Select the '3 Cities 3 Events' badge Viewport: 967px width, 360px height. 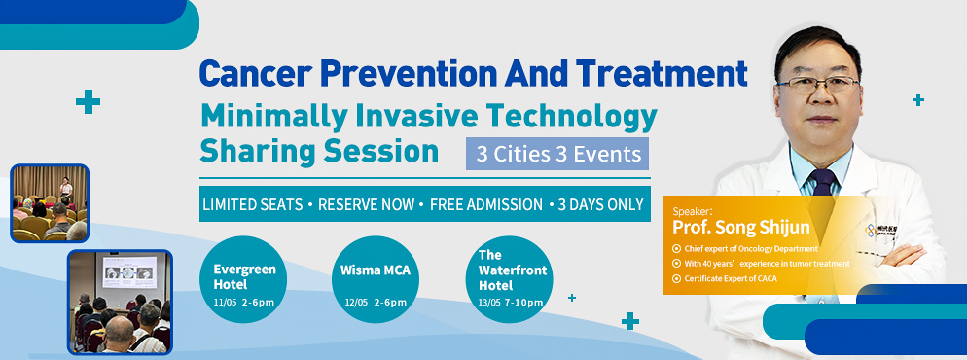tap(557, 154)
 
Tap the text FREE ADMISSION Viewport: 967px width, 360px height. tap(486, 204)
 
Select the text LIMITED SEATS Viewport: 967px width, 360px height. tap(253, 204)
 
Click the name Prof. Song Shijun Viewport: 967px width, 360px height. tap(740, 228)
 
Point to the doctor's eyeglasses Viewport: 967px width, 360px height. tap(818, 85)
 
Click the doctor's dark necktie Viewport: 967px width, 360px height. tap(823, 183)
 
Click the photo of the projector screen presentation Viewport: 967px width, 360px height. tap(120, 302)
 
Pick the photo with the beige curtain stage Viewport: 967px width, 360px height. tap(50, 202)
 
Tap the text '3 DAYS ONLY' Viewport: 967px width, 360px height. tap(600, 204)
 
